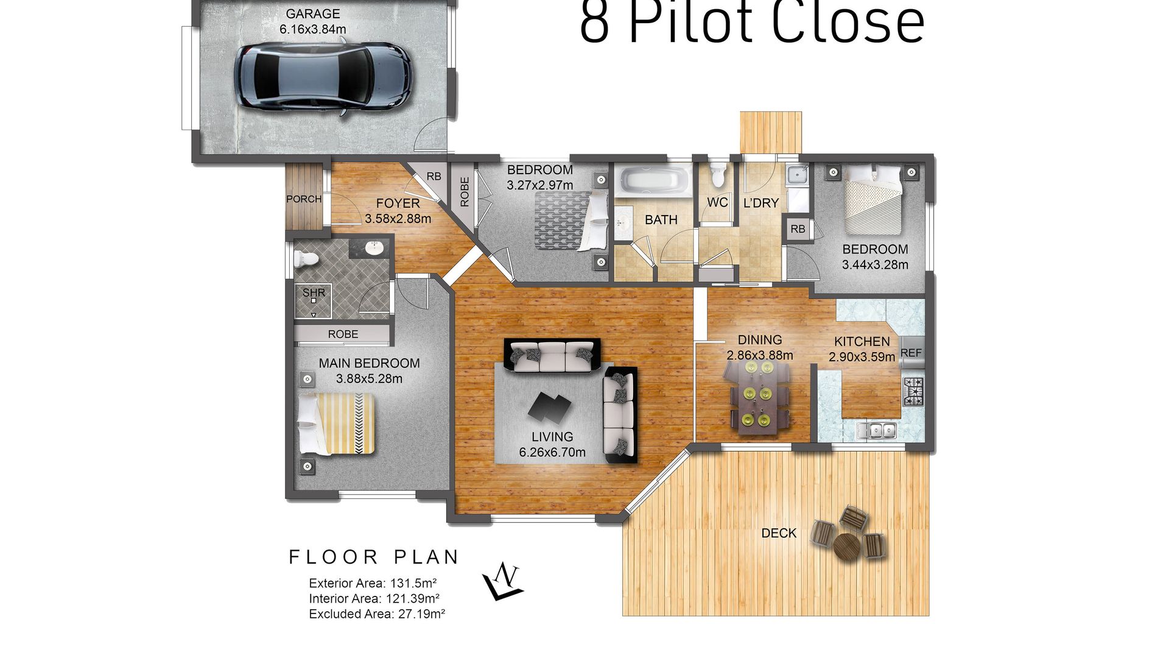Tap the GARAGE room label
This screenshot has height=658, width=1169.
coord(313,13)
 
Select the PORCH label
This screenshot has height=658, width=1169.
coord(304,199)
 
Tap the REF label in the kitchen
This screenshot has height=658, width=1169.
coord(911,353)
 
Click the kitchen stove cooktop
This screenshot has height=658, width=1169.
coord(913,391)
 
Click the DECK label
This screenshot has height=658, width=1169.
coord(779,533)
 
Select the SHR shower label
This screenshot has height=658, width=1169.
coord(314,292)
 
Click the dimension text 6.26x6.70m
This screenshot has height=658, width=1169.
coord(552,452)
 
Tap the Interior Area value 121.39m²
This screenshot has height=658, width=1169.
coord(413,599)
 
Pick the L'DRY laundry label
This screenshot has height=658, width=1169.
coord(761,203)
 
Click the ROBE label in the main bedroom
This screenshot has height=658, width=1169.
coord(343,334)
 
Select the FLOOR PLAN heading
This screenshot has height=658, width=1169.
coord(374,557)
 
